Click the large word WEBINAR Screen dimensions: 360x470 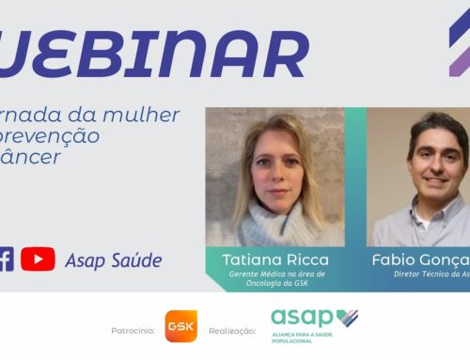(155, 54)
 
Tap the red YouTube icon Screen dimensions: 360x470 (38, 259)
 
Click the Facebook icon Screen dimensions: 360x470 (6, 259)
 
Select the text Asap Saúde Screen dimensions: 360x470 (113, 260)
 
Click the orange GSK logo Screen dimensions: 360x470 (180, 326)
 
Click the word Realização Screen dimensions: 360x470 (231, 331)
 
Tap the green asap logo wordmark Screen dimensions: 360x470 (303, 318)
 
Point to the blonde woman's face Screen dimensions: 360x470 (274, 169)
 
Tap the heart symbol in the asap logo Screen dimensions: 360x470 (347, 317)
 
